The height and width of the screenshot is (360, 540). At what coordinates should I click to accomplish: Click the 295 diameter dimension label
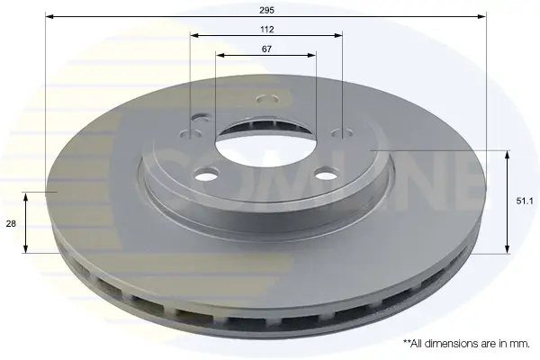tap(267, 10)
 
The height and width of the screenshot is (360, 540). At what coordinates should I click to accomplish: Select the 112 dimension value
tap(267, 30)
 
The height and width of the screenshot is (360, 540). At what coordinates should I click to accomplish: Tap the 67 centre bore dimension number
tap(266, 49)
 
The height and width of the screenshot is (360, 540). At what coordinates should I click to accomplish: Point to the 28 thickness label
tap(11, 223)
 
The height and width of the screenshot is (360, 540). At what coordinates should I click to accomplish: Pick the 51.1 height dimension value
tap(525, 201)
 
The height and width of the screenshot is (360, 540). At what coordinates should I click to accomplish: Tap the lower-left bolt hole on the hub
tap(206, 174)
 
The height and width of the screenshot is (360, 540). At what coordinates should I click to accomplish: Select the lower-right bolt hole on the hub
tap(327, 174)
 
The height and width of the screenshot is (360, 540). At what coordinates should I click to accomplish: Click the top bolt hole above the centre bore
tap(267, 100)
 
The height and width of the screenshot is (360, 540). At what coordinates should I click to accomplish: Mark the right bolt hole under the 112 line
tap(342, 133)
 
